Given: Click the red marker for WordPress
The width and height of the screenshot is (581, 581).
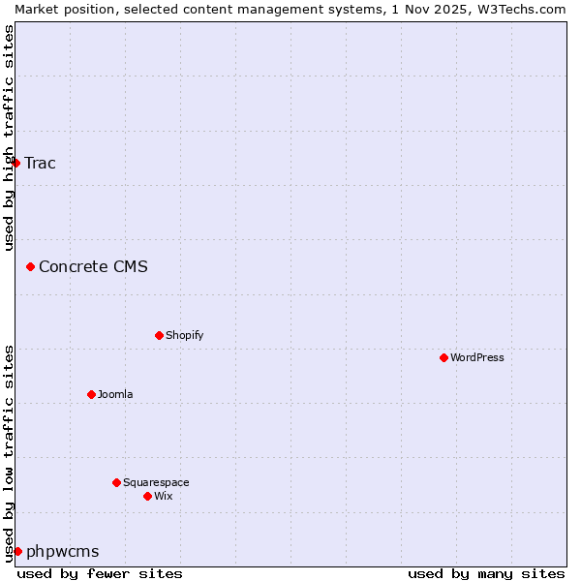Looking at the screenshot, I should [x=443, y=357].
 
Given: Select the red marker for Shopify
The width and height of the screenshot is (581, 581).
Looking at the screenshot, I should [x=159, y=335].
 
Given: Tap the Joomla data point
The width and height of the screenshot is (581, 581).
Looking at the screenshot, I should [x=91, y=394].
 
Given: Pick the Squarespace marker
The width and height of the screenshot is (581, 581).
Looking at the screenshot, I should [x=116, y=482].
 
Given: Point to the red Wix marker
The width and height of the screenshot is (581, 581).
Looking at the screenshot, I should [x=147, y=496].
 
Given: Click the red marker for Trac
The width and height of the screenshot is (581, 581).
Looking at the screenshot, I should [x=15, y=163].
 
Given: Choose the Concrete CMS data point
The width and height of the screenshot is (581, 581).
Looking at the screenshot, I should [x=30, y=266].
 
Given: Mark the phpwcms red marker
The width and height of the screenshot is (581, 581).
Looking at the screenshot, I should [x=17, y=551].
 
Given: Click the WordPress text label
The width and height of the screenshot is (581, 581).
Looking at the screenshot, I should [x=477, y=357].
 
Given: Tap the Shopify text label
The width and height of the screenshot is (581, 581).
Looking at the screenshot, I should [x=185, y=335].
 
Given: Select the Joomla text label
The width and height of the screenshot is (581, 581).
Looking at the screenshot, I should [x=115, y=394].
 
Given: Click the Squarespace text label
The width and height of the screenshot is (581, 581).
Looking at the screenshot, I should [x=156, y=482].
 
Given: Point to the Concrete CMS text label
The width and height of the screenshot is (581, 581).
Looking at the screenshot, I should [x=93, y=266].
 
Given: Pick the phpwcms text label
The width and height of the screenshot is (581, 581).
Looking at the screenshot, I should [x=62, y=551].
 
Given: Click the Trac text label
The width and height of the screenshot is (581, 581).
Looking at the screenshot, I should [x=40, y=163].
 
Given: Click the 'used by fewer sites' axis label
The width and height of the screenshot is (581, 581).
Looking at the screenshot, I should [x=100, y=573].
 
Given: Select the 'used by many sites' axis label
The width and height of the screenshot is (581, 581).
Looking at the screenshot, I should [x=486, y=573].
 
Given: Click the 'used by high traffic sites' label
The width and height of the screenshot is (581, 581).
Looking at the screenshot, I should [x=9, y=138].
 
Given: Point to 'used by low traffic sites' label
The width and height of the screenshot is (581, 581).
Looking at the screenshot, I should [x=9, y=452].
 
